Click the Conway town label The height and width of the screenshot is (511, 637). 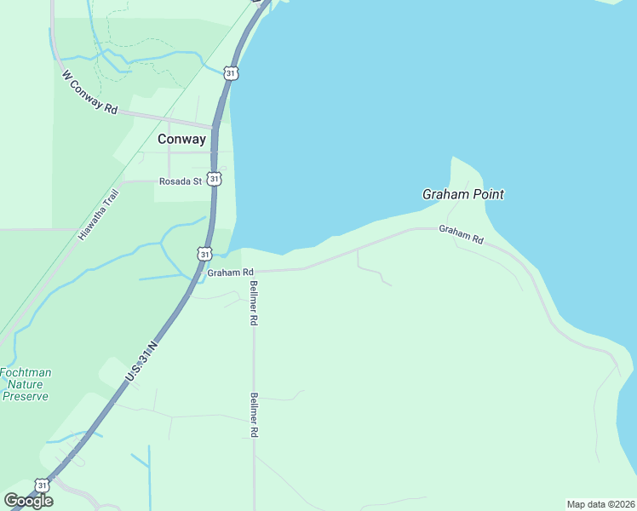[181, 139]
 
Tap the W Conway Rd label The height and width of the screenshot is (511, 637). [89, 92]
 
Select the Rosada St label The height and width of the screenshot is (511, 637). [181, 181]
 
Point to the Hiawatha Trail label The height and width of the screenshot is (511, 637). [100, 214]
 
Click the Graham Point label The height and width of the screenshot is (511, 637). [462, 194]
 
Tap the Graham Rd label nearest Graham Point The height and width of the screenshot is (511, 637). [461, 234]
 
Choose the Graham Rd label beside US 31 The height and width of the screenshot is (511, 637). [230, 273]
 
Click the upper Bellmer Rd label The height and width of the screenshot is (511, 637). [253, 302]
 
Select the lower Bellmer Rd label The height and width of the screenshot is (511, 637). [253, 415]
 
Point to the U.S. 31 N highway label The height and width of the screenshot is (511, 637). [141, 362]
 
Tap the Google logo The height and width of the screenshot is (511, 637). [29, 501]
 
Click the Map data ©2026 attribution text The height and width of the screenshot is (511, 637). [600, 504]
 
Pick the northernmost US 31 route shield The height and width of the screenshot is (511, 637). [232, 74]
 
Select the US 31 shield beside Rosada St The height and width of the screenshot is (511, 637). [215, 179]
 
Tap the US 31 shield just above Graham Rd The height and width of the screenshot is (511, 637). [204, 254]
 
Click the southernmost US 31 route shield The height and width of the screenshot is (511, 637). [43, 485]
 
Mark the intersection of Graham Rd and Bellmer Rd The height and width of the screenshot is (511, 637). [254, 272]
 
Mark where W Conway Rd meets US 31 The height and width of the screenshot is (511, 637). [215, 127]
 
